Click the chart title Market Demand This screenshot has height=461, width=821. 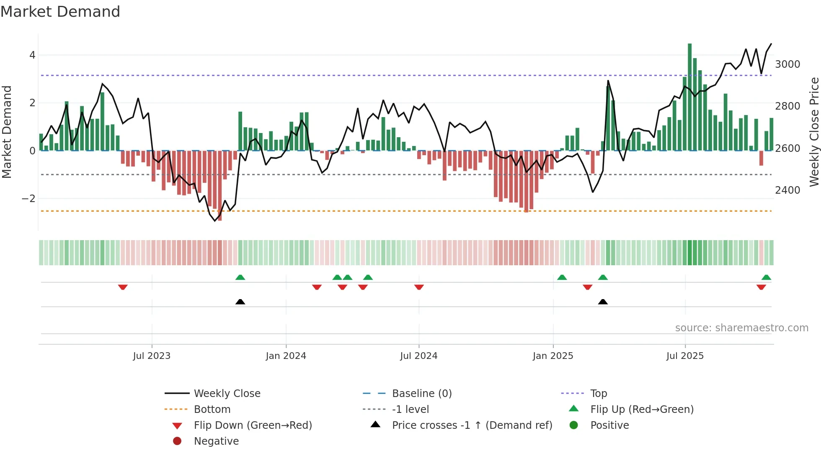click(60, 12)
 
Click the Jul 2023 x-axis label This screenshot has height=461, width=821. click(152, 356)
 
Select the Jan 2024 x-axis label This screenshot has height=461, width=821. click(286, 356)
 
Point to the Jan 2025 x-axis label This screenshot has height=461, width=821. click(552, 356)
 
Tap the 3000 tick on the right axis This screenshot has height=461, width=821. click(787, 64)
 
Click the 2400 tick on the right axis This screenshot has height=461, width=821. click(787, 190)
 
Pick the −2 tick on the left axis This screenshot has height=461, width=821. click(28, 199)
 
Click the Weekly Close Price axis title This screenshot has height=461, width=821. click(814, 132)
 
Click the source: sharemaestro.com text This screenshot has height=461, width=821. click(741, 328)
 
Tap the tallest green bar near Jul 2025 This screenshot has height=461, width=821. click(689, 96)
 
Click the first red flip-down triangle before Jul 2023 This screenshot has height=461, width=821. click(123, 287)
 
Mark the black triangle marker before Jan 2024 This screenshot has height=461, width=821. click(240, 302)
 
